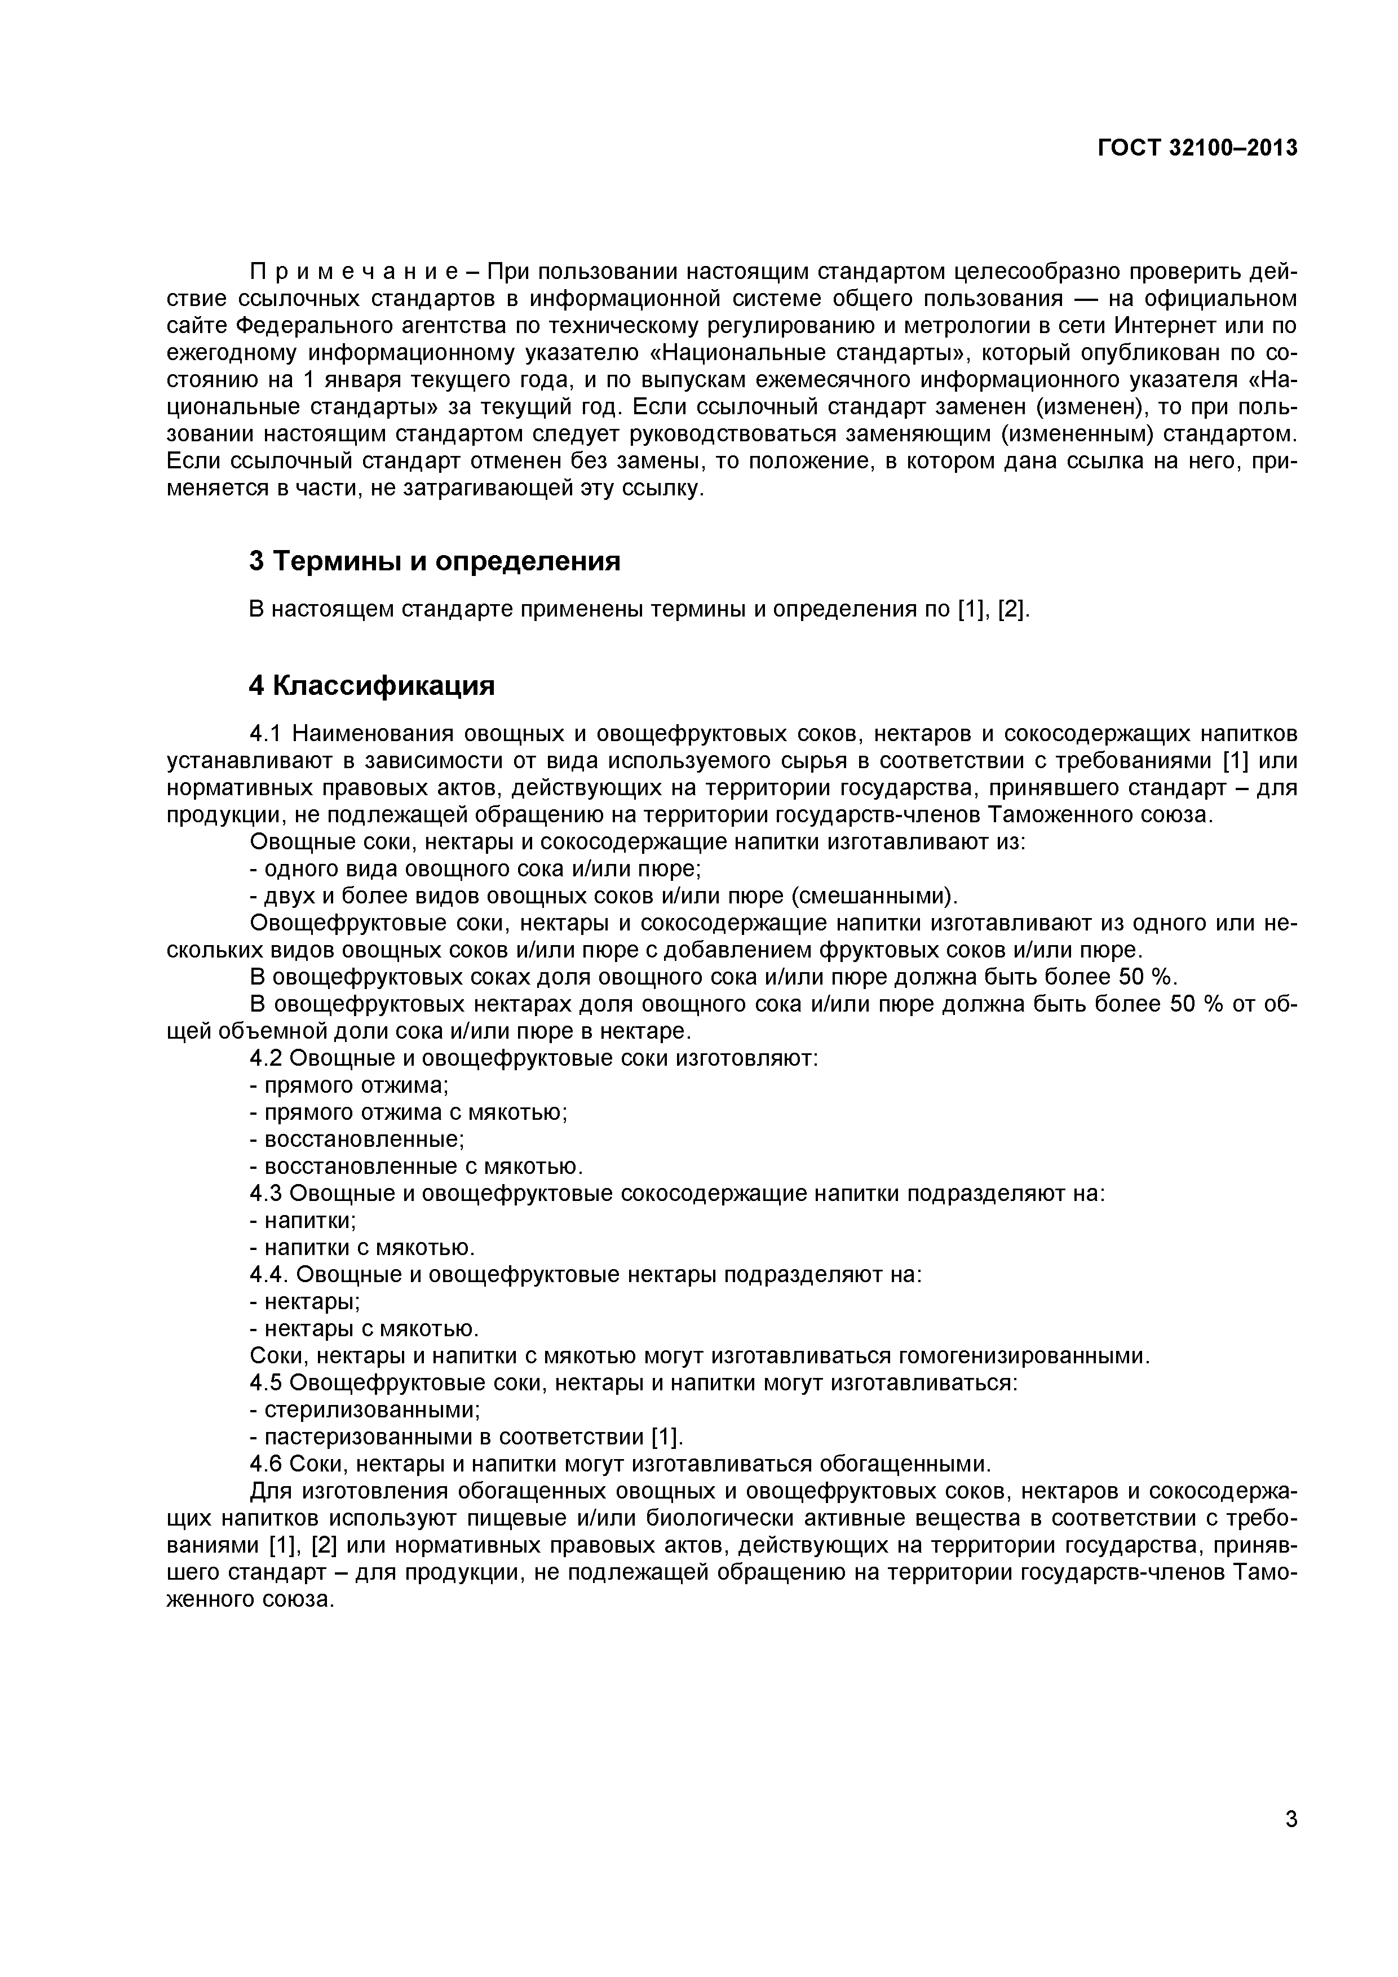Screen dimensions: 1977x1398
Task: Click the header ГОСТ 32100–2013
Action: click(x=1197, y=148)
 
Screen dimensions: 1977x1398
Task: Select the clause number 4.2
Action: click(x=266, y=1058)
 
